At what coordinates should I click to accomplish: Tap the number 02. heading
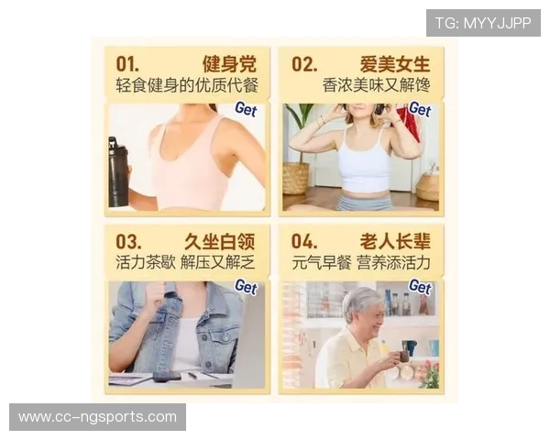304,64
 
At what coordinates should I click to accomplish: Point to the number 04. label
304,241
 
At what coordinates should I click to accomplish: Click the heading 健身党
229,64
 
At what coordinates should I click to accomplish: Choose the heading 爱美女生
395,64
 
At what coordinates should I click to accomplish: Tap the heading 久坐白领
221,241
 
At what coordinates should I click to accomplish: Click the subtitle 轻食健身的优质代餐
187,85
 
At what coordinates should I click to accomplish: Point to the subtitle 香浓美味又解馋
377,85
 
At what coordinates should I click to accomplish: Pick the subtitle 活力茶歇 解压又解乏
187,262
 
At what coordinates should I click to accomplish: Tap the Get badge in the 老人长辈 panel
420,287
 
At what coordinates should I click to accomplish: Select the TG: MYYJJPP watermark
483,23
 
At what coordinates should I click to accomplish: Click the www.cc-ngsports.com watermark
97,417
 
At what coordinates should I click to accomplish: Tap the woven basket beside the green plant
295,177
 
